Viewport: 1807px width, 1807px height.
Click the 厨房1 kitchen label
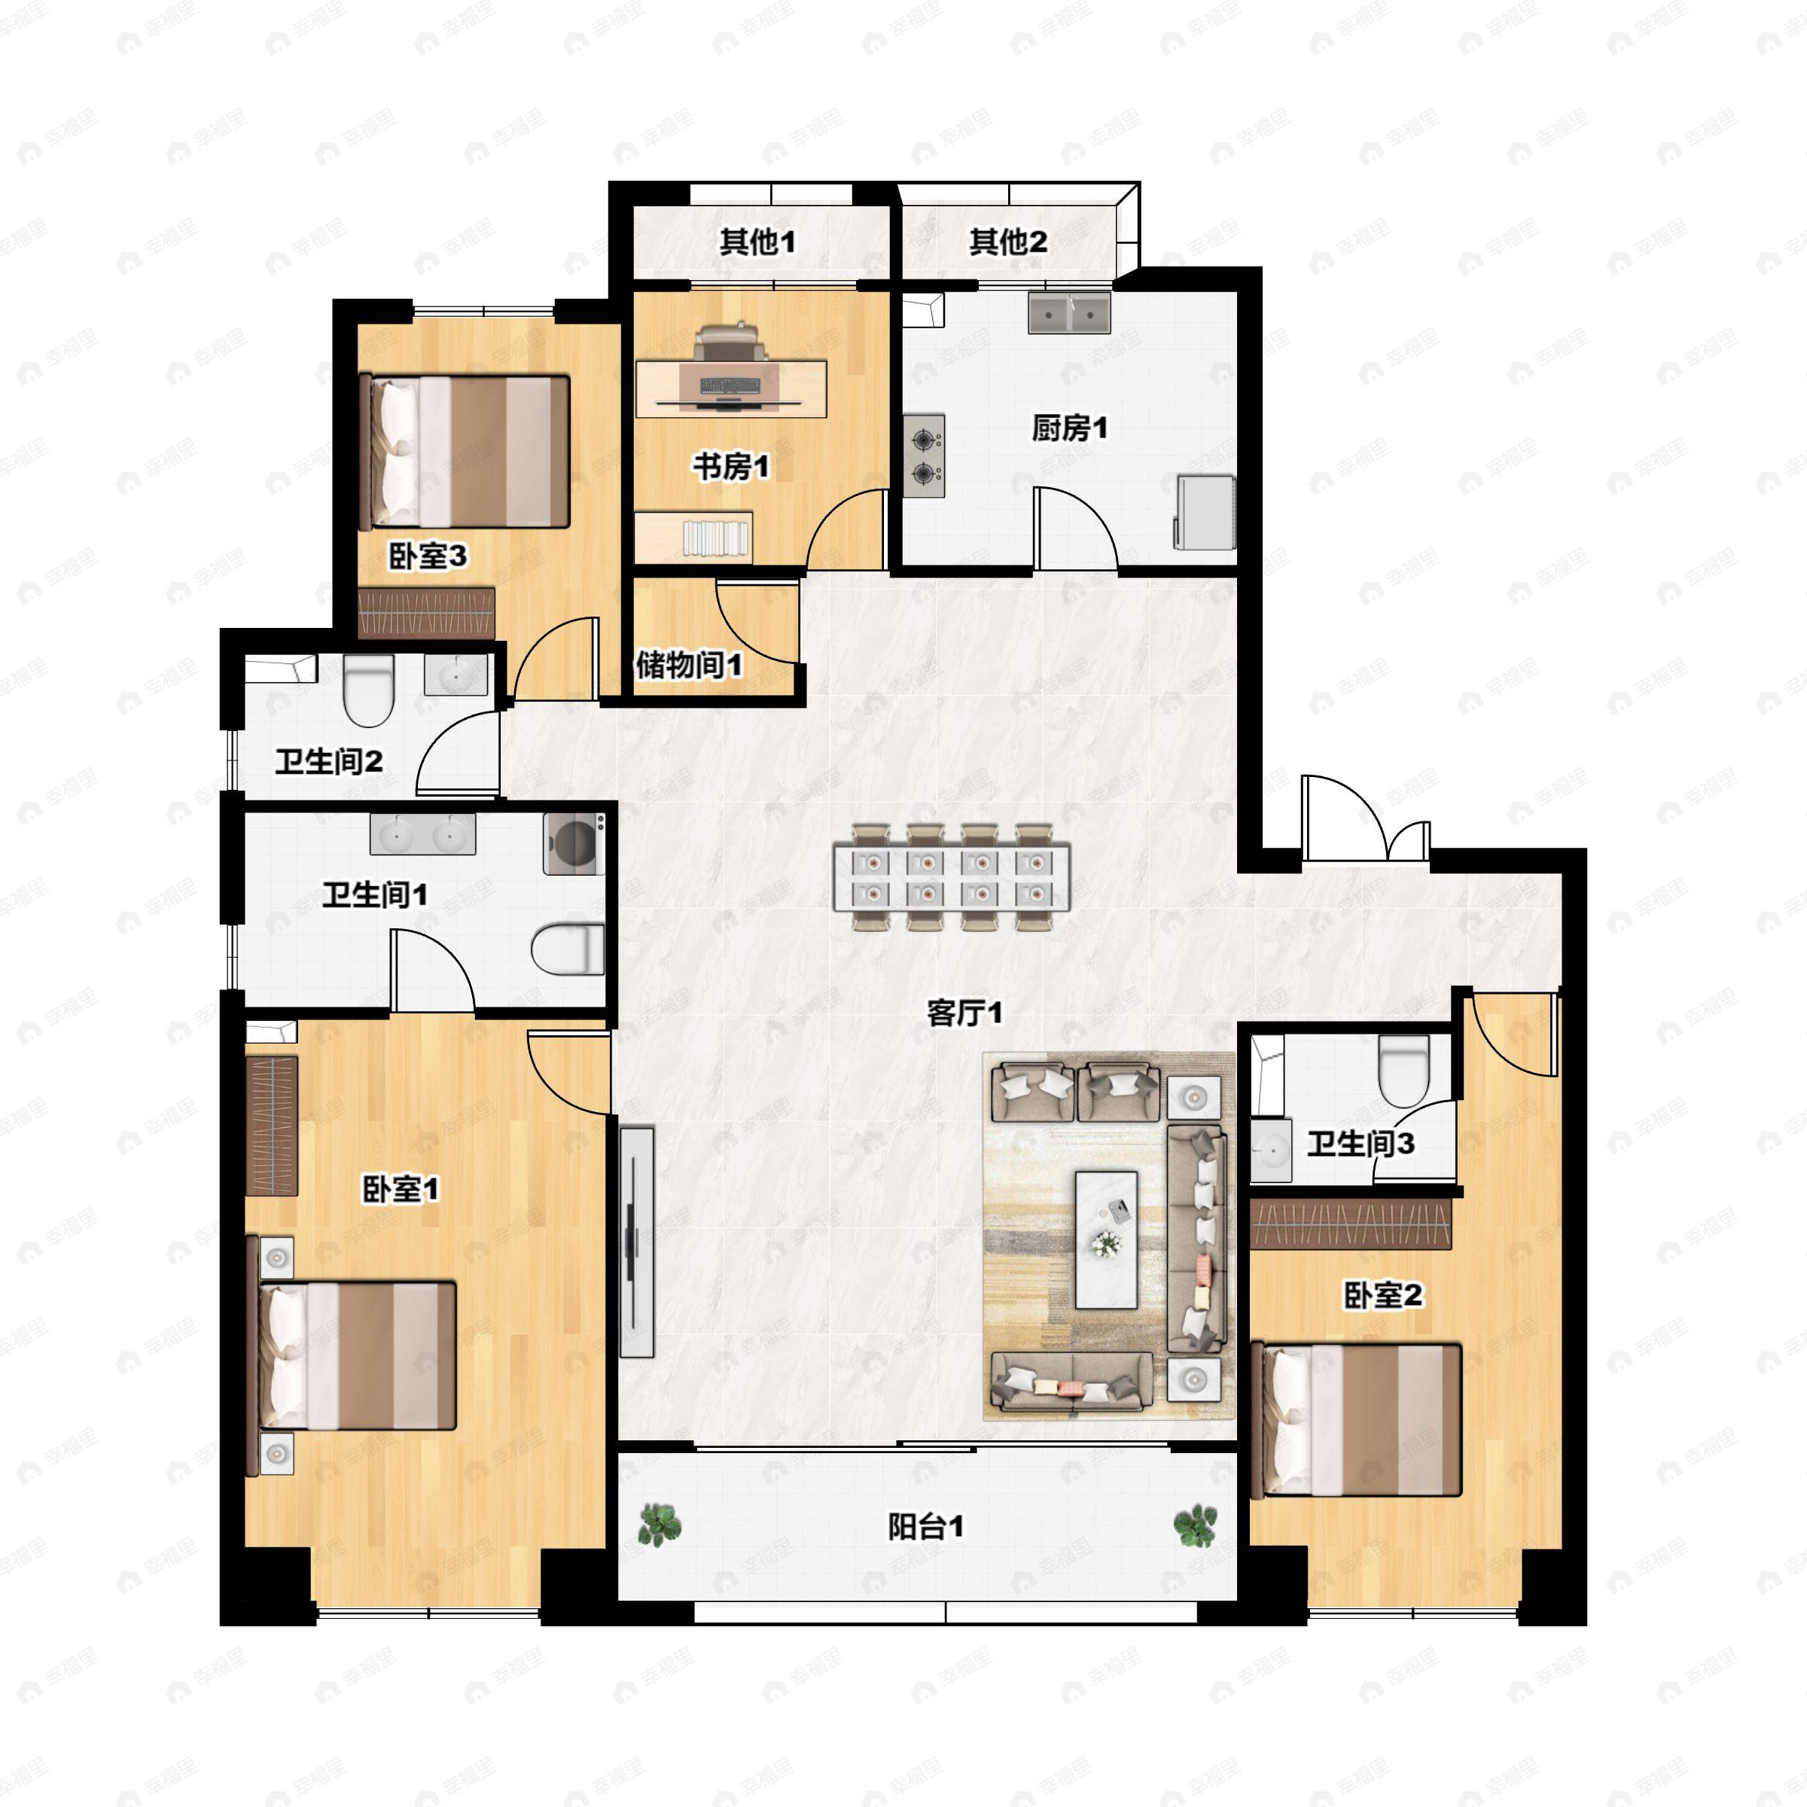click(1069, 428)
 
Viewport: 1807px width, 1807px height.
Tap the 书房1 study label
click(730, 466)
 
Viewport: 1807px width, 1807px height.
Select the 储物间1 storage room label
click(690, 665)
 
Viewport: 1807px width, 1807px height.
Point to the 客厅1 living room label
click(964, 1012)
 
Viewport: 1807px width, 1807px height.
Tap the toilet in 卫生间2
click(367, 690)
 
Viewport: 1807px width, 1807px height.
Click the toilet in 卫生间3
click(1404, 1071)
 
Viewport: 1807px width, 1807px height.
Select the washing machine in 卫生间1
click(573, 843)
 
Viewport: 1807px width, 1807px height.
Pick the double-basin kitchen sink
click(1069, 312)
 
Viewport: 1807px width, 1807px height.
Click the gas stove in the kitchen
click(924, 456)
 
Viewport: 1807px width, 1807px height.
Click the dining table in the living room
click(952, 877)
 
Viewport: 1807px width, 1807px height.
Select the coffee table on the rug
click(1107, 1239)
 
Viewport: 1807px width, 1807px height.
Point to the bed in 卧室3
click(465, 451)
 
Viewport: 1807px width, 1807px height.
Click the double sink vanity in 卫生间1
click(422, 833)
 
